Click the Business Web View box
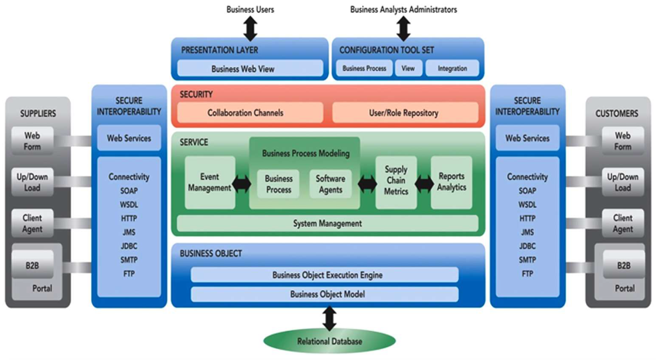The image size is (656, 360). (x=250, y=69)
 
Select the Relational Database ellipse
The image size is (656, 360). (x=329, y=341)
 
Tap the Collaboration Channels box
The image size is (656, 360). (x=250, y=112)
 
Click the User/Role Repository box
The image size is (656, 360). (x=403, y=112)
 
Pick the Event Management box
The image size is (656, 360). (x=210, y=183)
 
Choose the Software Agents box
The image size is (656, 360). (x=330, y=184)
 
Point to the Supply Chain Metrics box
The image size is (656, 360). (x=396, y=181)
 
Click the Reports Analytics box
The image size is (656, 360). (x=451, y=182)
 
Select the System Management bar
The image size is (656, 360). (x=327, y=223)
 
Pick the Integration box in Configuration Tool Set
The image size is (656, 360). (x=453, y=69)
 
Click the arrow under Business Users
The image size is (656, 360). (x=250, y=28)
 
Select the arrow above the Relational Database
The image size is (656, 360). (x=329, y=318)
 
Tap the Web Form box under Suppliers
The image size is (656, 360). (x=32, y=141)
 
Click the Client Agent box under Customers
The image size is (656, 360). (x=623, y=223)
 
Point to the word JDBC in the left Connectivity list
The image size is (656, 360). (x=129, y=246)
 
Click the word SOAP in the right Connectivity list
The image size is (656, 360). (x=527, y=191)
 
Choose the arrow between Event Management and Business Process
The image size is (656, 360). (x=242, y=184)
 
